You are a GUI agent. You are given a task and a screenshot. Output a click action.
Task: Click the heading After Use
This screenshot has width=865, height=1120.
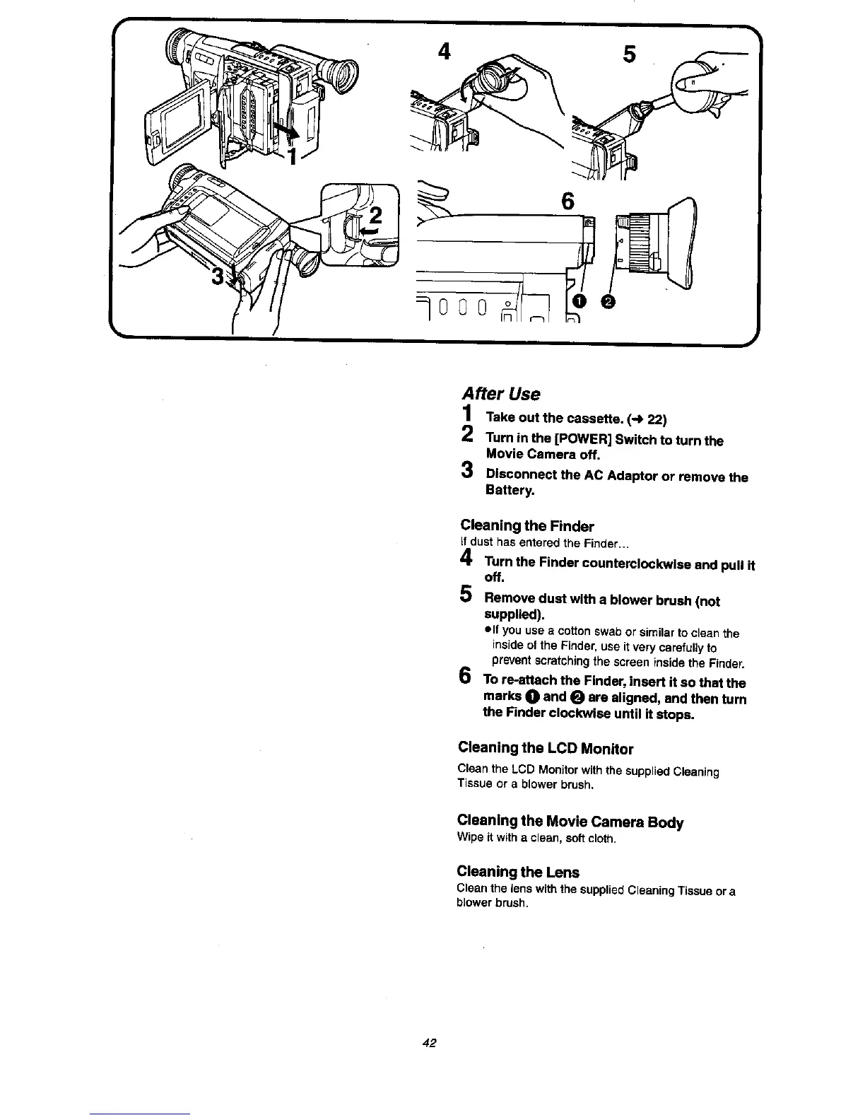point(500,394)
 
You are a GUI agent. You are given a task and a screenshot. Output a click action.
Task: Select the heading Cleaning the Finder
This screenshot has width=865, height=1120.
point(526,526)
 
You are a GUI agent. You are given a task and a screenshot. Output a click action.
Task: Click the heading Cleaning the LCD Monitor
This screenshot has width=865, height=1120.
point(546,748)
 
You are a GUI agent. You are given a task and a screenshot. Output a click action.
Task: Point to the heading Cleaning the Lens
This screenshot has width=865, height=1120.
point(518,872)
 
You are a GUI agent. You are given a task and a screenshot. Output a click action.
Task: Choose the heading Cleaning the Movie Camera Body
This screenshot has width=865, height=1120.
point(570,822)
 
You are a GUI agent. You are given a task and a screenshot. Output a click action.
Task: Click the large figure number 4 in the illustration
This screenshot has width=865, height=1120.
point(445,52)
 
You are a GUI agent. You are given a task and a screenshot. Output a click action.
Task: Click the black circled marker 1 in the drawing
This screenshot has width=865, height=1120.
point(579,302)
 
